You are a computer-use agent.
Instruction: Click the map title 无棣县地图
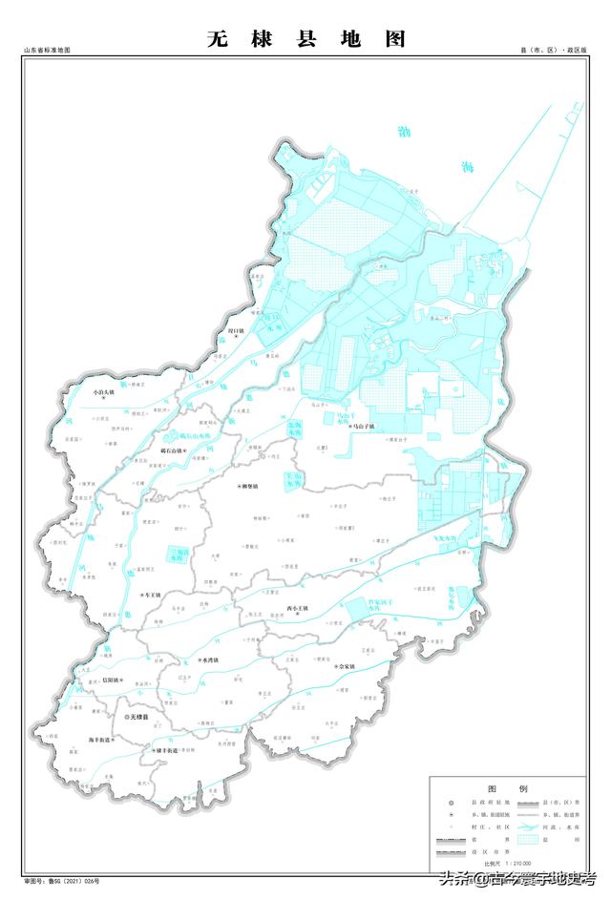(306, 38)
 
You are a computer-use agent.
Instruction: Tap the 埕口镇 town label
(236, 332)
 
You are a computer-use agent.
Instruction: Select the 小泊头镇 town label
(100, 391)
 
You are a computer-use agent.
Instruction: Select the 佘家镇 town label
(344, 666)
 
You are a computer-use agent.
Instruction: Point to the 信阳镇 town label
(109, 680)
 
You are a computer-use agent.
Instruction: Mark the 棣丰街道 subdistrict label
(159, 752)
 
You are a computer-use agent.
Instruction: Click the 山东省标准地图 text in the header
(48, 50)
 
